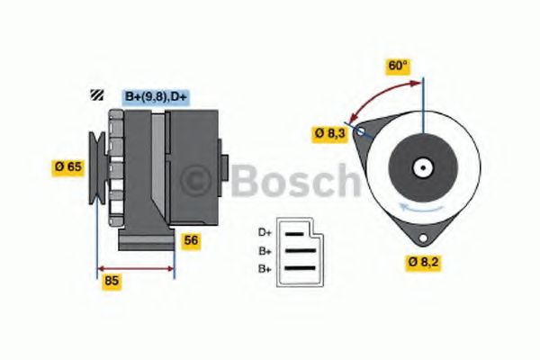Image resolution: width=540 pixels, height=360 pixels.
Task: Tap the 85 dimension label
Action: [112, 280]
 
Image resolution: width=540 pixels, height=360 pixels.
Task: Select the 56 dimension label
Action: [191, 240]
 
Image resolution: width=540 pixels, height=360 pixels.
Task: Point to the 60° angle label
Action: [398, 66]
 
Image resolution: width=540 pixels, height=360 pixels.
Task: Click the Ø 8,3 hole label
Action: [328, 133]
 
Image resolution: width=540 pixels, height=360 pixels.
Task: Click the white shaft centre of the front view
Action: [420, 166]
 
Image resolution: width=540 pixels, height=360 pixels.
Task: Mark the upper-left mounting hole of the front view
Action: [361, 132]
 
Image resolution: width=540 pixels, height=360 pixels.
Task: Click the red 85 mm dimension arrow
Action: [135, 268]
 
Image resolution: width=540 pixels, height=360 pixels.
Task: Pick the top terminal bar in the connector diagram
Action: [295, 233]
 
